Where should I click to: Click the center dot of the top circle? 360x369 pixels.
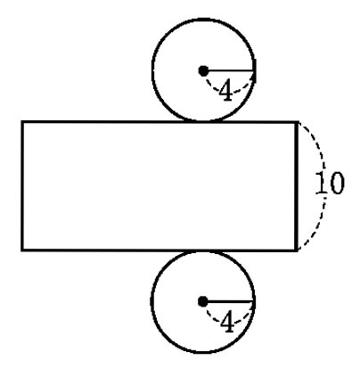[203, 70]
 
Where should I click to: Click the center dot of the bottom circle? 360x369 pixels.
[203, 301]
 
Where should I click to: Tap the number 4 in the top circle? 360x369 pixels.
[226, 90]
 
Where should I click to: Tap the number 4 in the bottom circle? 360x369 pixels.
[227, 322]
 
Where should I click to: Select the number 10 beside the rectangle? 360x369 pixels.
[330, 183]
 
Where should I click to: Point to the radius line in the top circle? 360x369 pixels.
[229, 70]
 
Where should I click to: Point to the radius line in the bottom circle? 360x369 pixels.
[229, 301]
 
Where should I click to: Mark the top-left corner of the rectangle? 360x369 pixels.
[22, 122]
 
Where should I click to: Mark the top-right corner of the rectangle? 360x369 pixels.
[297, 122]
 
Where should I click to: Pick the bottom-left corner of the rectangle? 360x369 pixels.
[22, 250]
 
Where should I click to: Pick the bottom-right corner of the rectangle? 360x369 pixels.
[297, 250]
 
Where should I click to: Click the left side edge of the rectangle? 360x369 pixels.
[22, 185]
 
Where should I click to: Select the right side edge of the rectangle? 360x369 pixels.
[297, 185]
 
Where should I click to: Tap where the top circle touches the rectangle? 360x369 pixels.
[203, 121]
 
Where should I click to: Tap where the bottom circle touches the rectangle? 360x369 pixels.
[203, 251]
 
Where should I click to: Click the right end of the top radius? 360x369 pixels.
[254, 70]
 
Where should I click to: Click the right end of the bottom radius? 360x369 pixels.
[254, 301]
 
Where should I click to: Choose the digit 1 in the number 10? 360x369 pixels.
[321, 183]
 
